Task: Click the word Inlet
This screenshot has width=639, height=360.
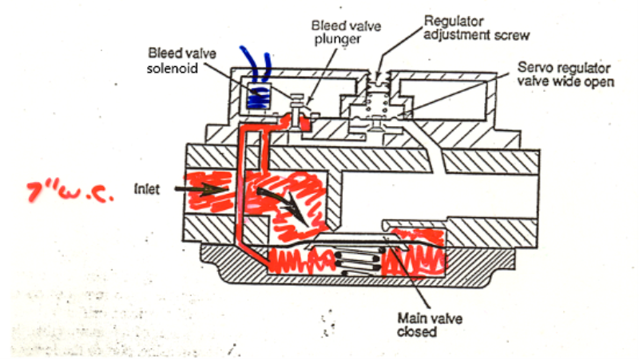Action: (148, 190)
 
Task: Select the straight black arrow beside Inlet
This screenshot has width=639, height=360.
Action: (207, 189)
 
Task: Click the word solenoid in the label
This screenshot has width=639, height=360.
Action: (169, 65)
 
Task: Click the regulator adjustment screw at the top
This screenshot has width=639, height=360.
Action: (377, 81)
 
